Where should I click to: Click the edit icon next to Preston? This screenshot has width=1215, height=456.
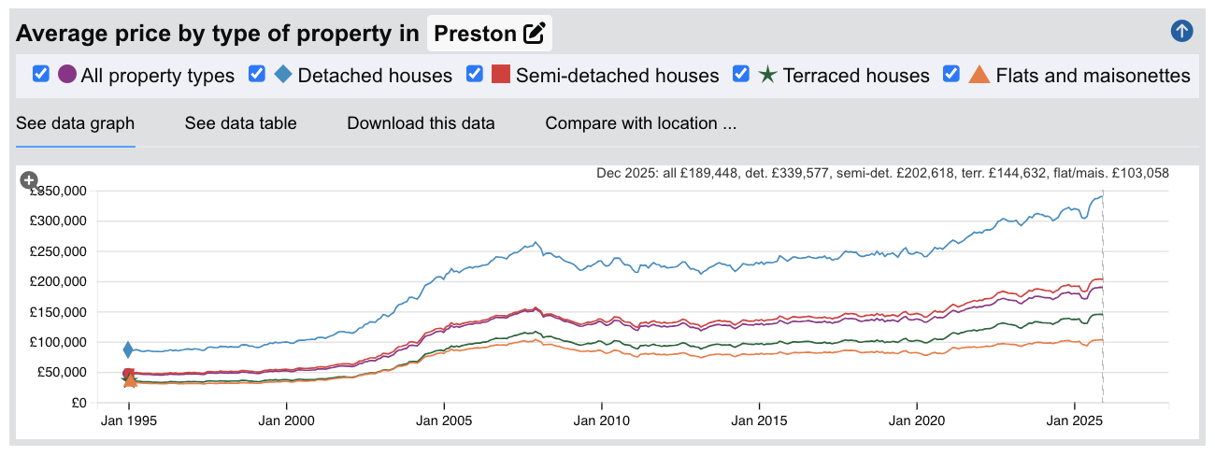click(x=535, y=34)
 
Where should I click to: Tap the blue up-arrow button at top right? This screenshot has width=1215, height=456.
click(x=1181, y=31)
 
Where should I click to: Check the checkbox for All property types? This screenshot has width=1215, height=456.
click(x=41, y=75)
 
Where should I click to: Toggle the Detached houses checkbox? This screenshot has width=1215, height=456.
click(x=257, y=75)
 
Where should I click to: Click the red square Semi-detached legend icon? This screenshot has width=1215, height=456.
click(x=500, y=75)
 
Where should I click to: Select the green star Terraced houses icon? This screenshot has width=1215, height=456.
click(x=767, y=75)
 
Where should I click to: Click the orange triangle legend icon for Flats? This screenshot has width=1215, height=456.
click(x=979, y=75)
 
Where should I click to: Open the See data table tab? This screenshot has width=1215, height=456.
click(x=240, y=123)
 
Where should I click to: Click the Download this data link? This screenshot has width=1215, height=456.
click(x=421, y=123)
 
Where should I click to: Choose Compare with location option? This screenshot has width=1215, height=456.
click(x=641, y=123)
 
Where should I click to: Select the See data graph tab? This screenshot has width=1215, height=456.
click(x=76, y=123)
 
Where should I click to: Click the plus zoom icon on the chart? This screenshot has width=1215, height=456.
click(x=29, y=179)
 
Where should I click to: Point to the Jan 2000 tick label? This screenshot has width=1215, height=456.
click(x=286, y=421)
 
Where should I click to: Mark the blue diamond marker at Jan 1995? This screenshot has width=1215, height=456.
click(x=129, y=349)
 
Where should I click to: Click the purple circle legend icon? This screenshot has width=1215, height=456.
click(x=67, y=75)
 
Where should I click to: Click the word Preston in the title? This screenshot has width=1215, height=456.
click(x=477, y=34)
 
